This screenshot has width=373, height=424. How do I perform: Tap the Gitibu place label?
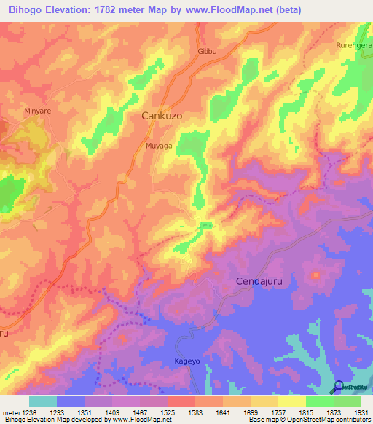(x=208, y=52)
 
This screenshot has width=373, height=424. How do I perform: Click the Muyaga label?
(x=159, y=146)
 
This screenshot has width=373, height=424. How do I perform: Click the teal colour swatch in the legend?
(x=43, y=401)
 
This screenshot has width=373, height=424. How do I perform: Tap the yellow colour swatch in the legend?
(x=292, y=401)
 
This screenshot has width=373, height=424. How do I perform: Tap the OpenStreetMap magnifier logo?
(x=338, y=387)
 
